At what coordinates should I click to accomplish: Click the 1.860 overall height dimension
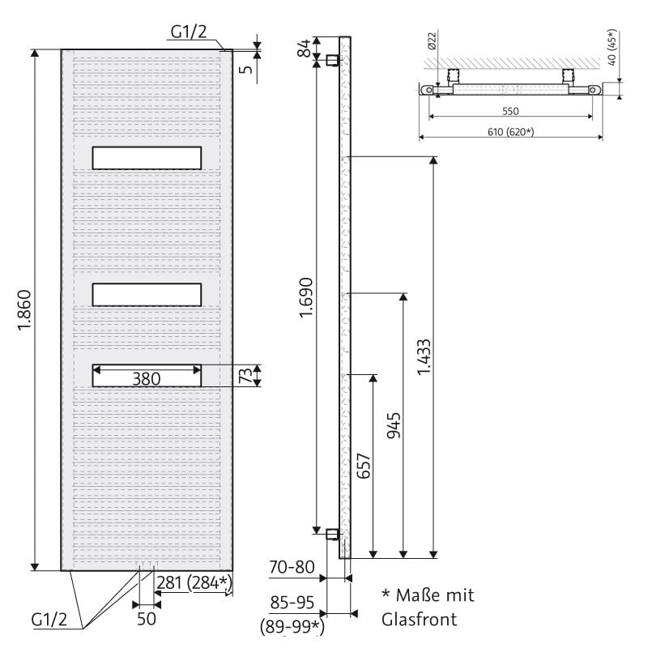[25, 310]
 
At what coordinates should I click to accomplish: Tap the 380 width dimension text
[147, 378]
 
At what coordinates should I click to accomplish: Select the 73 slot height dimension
[246, 376]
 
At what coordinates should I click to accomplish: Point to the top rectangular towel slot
[147, 158]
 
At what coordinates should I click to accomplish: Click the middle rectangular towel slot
[147, 295]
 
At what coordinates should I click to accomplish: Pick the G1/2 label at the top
[189, 32]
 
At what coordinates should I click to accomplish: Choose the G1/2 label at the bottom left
[49, 620]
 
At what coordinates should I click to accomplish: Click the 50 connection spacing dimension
[147, 619]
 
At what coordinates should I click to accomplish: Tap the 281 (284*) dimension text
[194, 583]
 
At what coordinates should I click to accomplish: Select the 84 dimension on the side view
[305, 48]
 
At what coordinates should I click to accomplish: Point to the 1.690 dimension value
[306, 297]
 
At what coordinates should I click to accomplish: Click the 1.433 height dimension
[424, 357]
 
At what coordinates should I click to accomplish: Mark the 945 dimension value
[394, 425]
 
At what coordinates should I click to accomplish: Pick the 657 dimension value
[364, 467]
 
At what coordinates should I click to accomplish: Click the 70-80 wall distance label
[292, 567]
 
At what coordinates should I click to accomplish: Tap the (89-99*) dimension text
[292, 627]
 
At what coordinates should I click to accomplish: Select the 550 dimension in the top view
[510, 111]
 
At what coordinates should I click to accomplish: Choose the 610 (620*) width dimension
[511, 132]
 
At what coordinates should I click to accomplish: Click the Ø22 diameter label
[433, 41]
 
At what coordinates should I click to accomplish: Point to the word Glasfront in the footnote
[419, 620]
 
